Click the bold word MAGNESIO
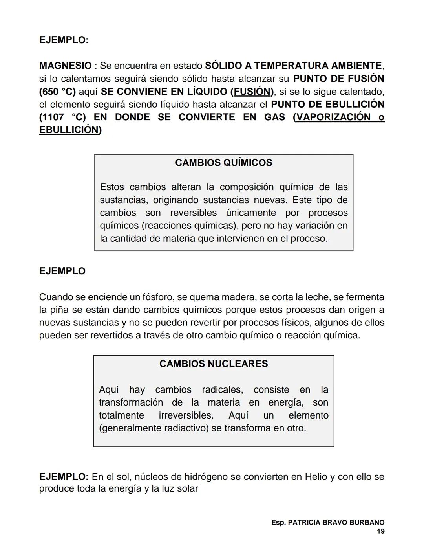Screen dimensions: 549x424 [65, 66]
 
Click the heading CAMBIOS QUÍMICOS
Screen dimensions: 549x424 [223, 163]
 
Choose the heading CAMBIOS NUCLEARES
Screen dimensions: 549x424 [214, 364]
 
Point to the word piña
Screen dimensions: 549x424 [59, 310]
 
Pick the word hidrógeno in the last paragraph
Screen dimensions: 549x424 [203, 477]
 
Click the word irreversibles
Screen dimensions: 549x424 [186, 415]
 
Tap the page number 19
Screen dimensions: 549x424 [380, 531]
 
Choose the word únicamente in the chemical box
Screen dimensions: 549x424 [251, 213]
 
